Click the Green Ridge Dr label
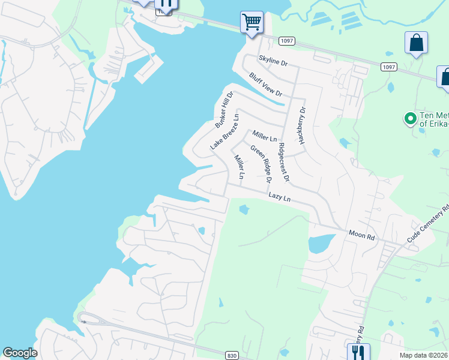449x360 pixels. click(x=261, y=164)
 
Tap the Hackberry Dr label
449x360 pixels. click(x=302, y=127)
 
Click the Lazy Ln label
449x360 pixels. click(x=279, y=196)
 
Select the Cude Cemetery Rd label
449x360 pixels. click(x=429, y=225)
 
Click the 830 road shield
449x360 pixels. click(x=232, y=356)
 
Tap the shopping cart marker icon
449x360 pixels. click(x=252, y=22)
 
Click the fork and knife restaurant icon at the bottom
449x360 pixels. click(x=358, y=352)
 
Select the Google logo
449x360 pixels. click(x=20, y=353)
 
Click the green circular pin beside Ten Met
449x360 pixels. click(x=411, y=118)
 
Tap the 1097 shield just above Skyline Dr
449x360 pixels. click(x=286, y=40)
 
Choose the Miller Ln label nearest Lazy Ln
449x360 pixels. click(x=238, y=167)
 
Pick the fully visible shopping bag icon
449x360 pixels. click(x=416, y=43)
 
